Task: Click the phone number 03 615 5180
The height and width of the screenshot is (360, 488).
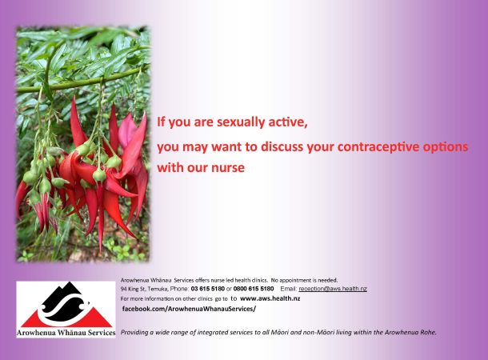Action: (x=207, y=289)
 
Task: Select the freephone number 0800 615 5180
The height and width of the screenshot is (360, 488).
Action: (x=254, y=289)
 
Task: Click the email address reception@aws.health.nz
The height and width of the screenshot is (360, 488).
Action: (x=333, y=289)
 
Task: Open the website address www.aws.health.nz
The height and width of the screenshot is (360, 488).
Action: (x=270, y=298)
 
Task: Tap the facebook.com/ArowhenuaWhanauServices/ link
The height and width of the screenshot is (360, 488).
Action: (x=189, y=309)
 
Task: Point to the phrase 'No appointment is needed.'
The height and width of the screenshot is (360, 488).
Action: (x=304, y=280)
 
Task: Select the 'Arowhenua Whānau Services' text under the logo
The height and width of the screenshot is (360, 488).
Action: (x=66, y=333)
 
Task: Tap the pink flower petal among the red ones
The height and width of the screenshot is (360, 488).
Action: (x=127, y=130)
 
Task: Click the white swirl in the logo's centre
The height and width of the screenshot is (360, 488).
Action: (x=66, y=307)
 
